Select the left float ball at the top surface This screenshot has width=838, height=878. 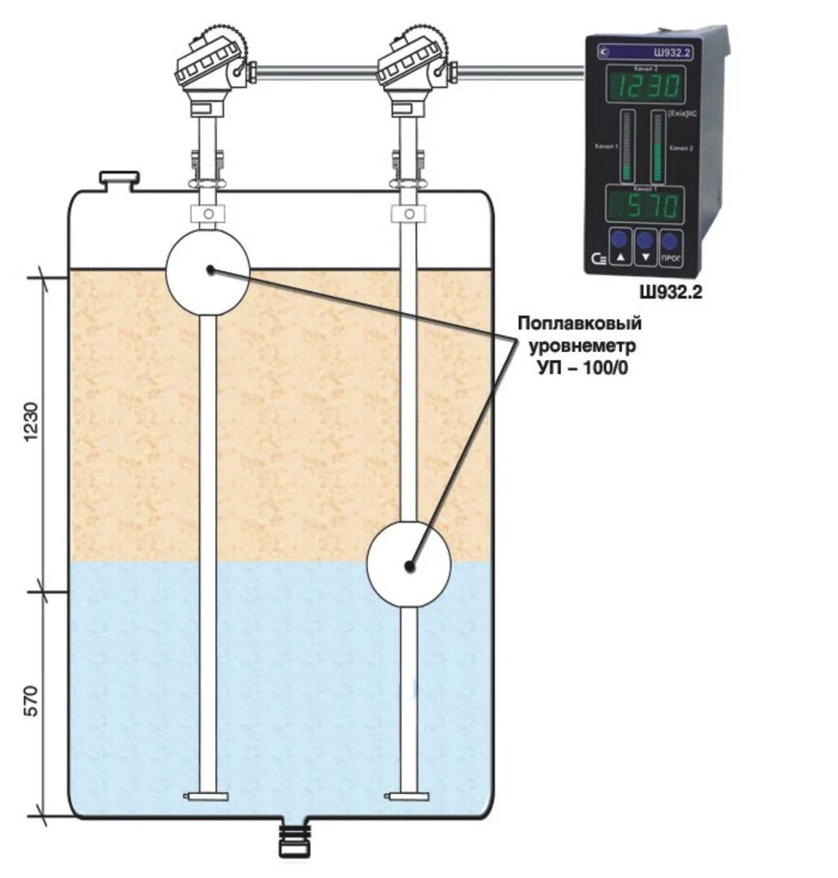coord(207,272)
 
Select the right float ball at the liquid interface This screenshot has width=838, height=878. coord(409,564)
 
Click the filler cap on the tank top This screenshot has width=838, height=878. coord(117,180)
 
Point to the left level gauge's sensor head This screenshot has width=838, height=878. coord(210,68)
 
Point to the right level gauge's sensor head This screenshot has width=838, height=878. coord(412,68)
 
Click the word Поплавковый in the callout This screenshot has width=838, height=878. coord(580,324)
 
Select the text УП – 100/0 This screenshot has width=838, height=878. coord(580,367)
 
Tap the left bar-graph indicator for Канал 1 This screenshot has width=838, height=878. coord(627,146)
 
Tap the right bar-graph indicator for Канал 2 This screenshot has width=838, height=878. coord(657,146)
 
